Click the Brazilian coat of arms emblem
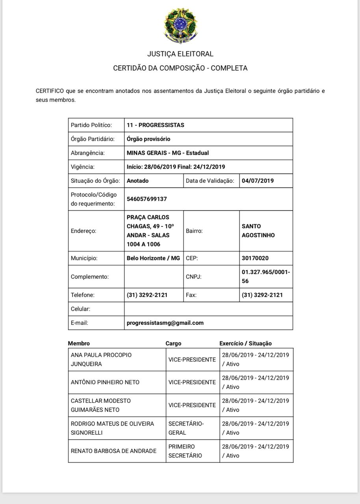180,26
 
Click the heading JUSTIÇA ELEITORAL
180,54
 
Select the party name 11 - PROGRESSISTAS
156,125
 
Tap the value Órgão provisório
148,139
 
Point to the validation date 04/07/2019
258,181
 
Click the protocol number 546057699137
147,199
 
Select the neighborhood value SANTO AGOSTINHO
258,231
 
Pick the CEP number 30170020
255,258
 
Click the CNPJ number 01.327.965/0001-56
265,276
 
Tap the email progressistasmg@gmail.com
165,323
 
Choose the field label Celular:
80,309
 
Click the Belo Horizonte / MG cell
153,258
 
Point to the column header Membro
79,343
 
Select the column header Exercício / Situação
245,343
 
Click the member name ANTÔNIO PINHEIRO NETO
105,382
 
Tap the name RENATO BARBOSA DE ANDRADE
113,451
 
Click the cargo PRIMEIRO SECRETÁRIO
185,451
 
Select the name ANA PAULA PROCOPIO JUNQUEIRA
101,359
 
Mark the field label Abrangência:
88,153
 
